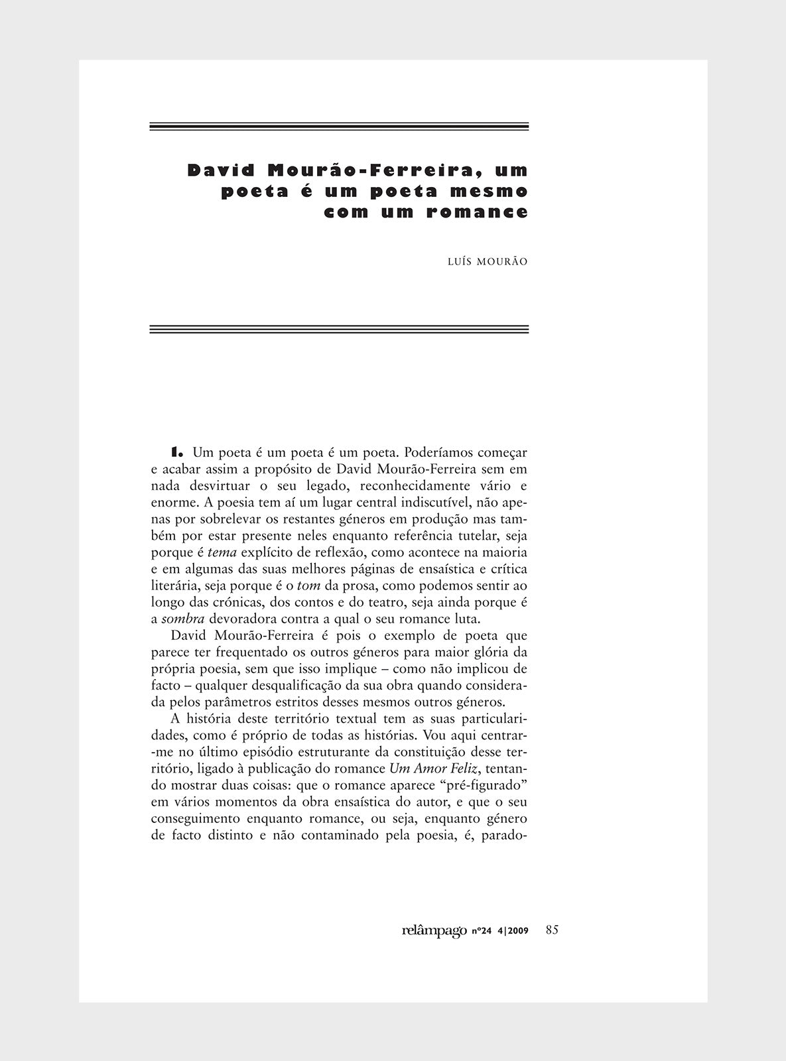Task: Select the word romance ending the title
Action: tap(478, 213)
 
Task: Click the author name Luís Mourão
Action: tap(488, 262)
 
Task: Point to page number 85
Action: tap(552, 930)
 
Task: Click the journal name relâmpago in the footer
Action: tap(434, 930)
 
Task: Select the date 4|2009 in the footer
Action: tap(513, 932)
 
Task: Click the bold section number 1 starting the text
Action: tap(176, 453)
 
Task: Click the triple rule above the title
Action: tap(339, 126)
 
